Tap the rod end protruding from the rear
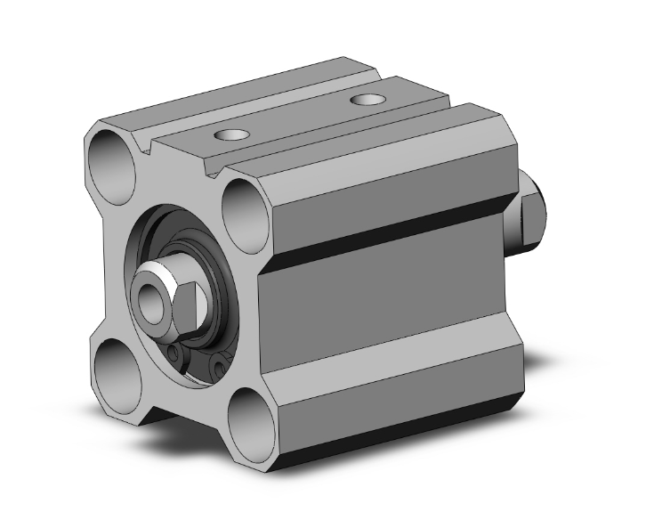530,215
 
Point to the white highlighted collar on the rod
160,271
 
